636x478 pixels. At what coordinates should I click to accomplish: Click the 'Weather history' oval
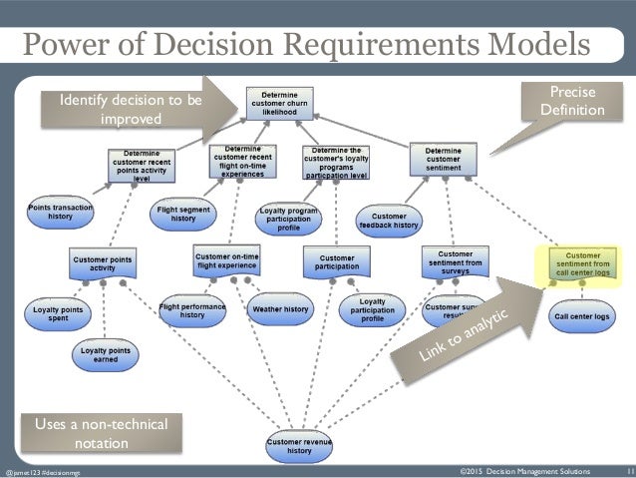[280, 309]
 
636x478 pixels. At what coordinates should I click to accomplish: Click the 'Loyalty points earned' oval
[106, 355]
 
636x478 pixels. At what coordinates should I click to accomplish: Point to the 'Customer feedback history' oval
[388, 221]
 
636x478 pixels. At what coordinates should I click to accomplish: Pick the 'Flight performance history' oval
[192, 310]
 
